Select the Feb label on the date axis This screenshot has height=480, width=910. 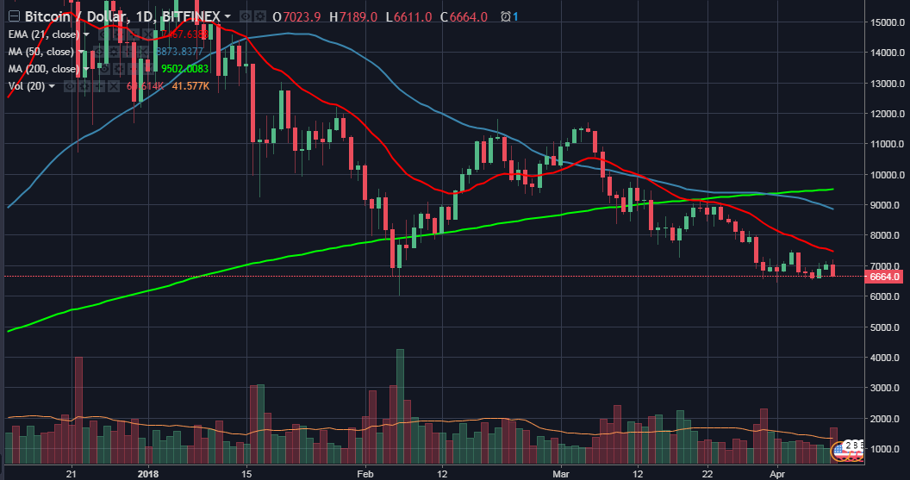point(366,473)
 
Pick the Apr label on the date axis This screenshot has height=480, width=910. point(777,473)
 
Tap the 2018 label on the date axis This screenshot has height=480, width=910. point(149,473)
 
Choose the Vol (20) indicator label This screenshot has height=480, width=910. point(26,85)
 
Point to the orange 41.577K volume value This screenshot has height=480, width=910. point(190,85)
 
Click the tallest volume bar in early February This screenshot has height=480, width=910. point(400,405)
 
